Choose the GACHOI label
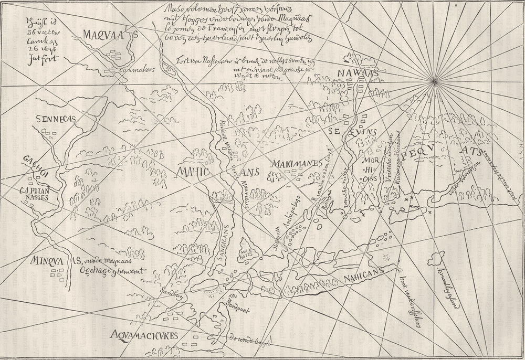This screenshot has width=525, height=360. (x=35, y=161)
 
